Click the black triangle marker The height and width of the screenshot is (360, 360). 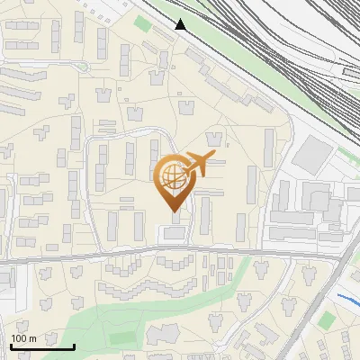click(x=181, y=24)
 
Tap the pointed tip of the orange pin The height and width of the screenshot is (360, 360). click(x=174, y=211)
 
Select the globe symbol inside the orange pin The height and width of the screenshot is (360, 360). click(x=172, y=177)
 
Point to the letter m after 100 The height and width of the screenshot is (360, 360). click(x=33, y=338)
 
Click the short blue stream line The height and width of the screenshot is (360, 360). click(x=346, y=298)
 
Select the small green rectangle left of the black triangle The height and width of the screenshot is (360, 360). click(x=141, y=23)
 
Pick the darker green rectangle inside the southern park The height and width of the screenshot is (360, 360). click(x=121, y=338)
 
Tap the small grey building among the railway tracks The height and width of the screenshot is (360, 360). click(x=348, y=69)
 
